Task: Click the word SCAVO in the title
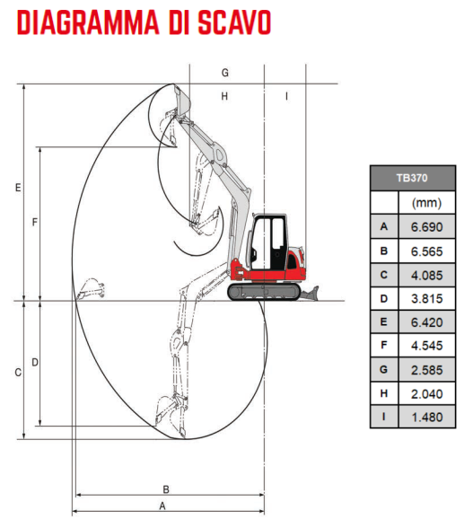(234, 22)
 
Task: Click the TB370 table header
(412, 178)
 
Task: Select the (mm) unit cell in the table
(426, 203)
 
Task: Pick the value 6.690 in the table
(426, 227)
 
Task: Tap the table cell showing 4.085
(426, 276)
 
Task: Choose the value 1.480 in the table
(427, 418)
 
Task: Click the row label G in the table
(384, 370)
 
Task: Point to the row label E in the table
(384, 321)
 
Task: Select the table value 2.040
(426, 393)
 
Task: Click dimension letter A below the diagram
(162, 506)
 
